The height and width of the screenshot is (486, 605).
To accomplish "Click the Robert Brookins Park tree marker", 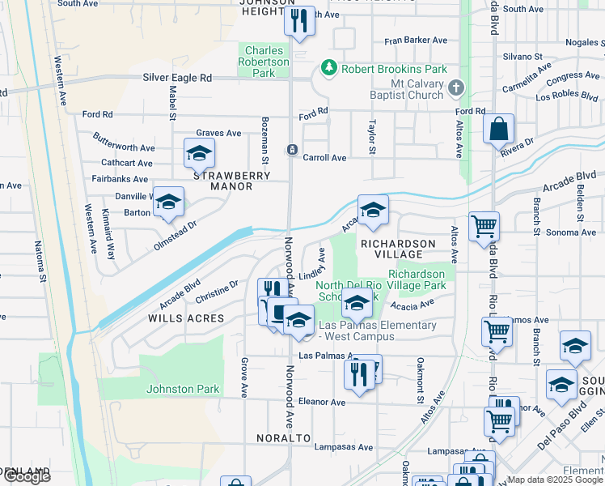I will [329, 68].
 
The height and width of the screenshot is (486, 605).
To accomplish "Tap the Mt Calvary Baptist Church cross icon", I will [456, 87].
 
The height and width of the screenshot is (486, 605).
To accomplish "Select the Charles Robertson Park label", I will [266, 62].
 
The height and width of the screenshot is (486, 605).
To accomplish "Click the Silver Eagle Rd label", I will [176, 78].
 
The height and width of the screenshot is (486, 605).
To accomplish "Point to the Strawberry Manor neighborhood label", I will [222, 180].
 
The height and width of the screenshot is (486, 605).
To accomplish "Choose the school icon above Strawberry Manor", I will [199, 152].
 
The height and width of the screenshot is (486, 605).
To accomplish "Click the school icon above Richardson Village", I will [373, 210].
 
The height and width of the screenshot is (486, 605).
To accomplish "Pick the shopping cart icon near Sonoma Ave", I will [484, 226].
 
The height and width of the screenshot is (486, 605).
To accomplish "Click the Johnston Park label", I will [183, 389].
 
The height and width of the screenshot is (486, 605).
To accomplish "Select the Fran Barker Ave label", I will [416, 40].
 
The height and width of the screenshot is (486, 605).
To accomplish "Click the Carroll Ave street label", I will [324, 158].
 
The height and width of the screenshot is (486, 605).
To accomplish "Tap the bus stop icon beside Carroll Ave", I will [291, 150].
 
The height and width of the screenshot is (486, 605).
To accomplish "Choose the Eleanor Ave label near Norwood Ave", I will [322, 402].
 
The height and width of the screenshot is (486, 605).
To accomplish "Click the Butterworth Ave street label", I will [124, 148].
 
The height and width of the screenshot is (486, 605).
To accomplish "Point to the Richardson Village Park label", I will [417, 280].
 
